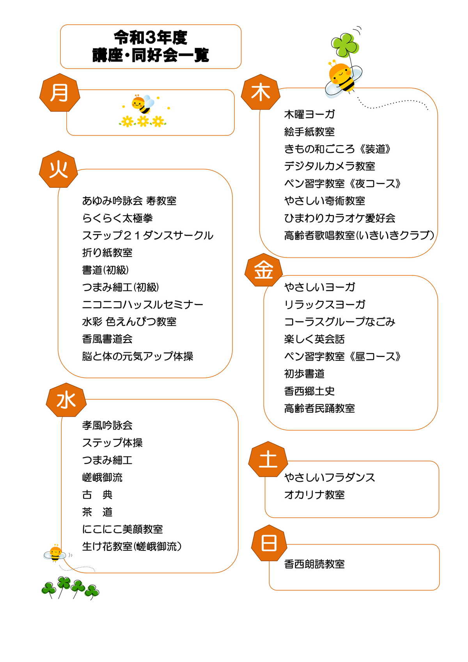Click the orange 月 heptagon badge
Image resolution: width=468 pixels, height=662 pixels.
60,92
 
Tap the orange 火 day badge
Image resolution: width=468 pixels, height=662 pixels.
58,169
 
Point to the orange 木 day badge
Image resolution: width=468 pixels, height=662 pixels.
261,92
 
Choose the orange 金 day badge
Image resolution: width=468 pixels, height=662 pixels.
264,270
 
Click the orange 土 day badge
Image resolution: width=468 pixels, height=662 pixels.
268,459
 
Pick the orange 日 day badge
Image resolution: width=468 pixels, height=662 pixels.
269,543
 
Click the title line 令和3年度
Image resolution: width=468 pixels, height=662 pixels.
151,38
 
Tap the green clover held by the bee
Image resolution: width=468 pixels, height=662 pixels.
345,44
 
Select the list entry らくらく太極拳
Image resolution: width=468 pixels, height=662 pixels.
118,218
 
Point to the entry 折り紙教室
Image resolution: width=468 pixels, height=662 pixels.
107,253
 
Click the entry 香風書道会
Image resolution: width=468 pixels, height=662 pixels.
107,339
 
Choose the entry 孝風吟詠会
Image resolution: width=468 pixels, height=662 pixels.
107,425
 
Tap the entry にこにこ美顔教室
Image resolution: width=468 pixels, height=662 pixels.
122,529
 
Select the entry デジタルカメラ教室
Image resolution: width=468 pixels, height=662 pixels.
330,166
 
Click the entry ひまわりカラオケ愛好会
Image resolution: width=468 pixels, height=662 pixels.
340,218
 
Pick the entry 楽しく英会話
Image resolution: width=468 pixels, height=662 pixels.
314,339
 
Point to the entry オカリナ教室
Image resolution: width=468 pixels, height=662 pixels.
314,495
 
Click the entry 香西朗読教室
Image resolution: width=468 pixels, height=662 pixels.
314,564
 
